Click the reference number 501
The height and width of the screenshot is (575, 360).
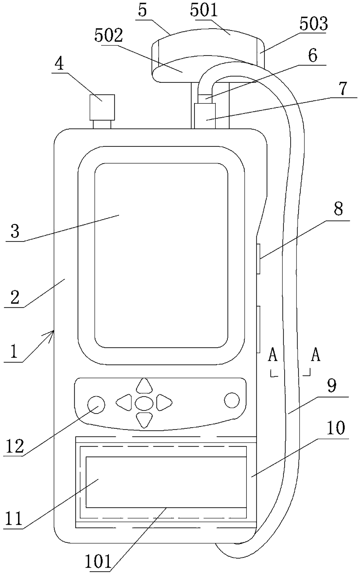click(x=204, y=10)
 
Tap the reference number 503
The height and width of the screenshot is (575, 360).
click(x=314, y=24)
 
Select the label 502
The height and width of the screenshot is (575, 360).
click(x=109, y=36)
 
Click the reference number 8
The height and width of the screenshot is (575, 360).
click(x=338, y=209)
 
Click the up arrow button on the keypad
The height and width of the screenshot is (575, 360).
click(x=144, y=386)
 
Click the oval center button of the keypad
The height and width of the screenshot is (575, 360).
click(x=144, y=403)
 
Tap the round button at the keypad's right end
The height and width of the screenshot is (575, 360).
click(x=232, y=400)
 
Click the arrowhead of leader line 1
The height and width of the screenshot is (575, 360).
click(x=51, y=332)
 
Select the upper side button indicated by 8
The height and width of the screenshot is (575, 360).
click(x=258, y=259)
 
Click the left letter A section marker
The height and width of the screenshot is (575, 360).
click(x=273, y=355)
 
